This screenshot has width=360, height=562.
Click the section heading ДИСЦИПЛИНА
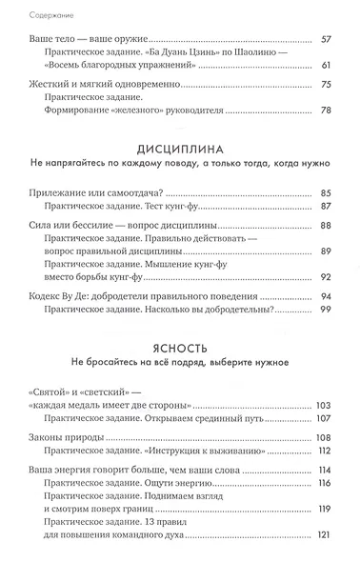coord(179,151)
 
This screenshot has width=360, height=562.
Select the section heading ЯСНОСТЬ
coord(179,349)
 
